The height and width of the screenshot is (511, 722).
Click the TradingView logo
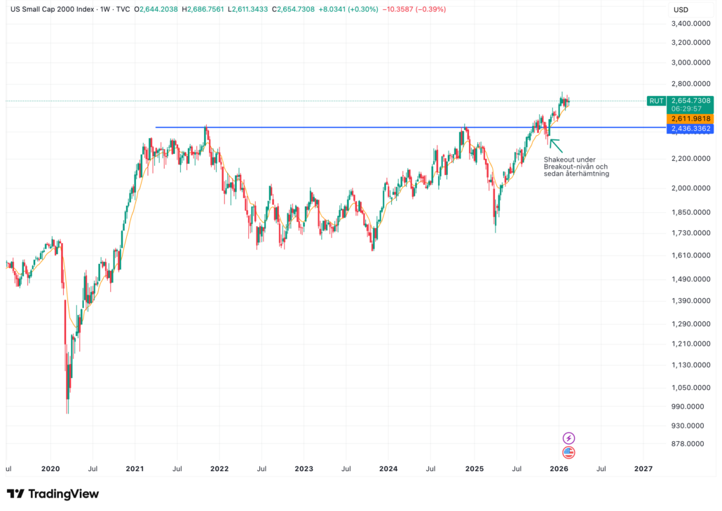coord(53,493)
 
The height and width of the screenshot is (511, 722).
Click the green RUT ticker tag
coord(656,101)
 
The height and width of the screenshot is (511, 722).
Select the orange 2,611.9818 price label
coord(690,119)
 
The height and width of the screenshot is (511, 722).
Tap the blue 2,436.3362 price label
coord(690,129)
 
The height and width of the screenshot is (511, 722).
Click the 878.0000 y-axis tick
coord(688,444)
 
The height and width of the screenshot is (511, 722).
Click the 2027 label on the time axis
coord(643,468)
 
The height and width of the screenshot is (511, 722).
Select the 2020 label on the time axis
coord(50,468)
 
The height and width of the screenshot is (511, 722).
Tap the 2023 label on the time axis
coord(304,468)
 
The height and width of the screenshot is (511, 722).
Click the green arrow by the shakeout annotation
coord(555,145)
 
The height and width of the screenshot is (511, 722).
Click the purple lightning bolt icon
coord(569,437)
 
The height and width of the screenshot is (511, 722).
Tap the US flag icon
coord(569,452)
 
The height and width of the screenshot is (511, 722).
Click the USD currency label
coord(681,10)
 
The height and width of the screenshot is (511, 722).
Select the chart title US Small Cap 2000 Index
coord(55,10)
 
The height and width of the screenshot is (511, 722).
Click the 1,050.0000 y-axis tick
coord(688,388)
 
